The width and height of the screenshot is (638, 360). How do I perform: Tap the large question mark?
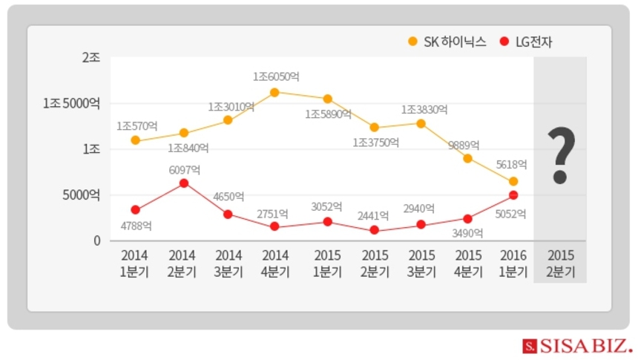tap(561, 156)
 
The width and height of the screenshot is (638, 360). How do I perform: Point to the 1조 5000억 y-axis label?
tap(71, 103)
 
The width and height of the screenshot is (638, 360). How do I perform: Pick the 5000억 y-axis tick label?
tap(82, 195)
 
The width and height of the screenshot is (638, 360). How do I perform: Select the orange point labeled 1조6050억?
tap(274, 93)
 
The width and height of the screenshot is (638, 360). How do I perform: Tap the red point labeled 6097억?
tap(183, 183)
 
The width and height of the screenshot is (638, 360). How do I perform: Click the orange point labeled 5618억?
tap(513, 181)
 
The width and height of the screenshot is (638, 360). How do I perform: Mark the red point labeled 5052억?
tap(513, 195)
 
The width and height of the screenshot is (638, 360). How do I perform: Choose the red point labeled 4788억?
tap(135, 210)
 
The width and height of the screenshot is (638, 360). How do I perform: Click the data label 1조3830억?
tap(424, 109)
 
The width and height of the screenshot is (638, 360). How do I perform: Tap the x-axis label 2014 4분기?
tap(275, 264)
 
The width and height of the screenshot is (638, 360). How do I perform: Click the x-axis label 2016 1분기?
tap(513, 264)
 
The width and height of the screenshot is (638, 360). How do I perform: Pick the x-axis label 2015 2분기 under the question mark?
tap(560, 264)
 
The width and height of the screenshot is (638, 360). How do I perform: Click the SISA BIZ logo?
tap(576, 345)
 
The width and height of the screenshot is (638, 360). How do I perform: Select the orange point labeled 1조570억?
tap(135, 140)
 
